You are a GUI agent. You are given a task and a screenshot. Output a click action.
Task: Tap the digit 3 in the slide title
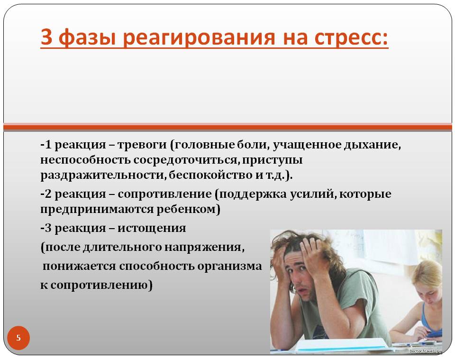point(46,37)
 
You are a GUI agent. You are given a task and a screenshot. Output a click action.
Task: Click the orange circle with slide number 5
point(18,338)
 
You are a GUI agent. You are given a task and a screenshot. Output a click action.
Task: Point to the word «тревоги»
point(142,145)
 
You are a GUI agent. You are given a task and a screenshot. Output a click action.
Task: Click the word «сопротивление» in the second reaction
point(164,194)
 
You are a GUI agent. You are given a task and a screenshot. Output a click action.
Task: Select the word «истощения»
point(152,229)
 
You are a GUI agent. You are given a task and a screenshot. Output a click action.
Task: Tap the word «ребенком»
point(186,209)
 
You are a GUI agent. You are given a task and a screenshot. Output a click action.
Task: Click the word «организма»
point(229,267)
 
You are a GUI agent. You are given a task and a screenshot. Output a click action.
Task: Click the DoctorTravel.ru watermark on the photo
point(426,351)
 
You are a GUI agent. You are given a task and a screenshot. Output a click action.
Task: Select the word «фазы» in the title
point(87,38)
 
